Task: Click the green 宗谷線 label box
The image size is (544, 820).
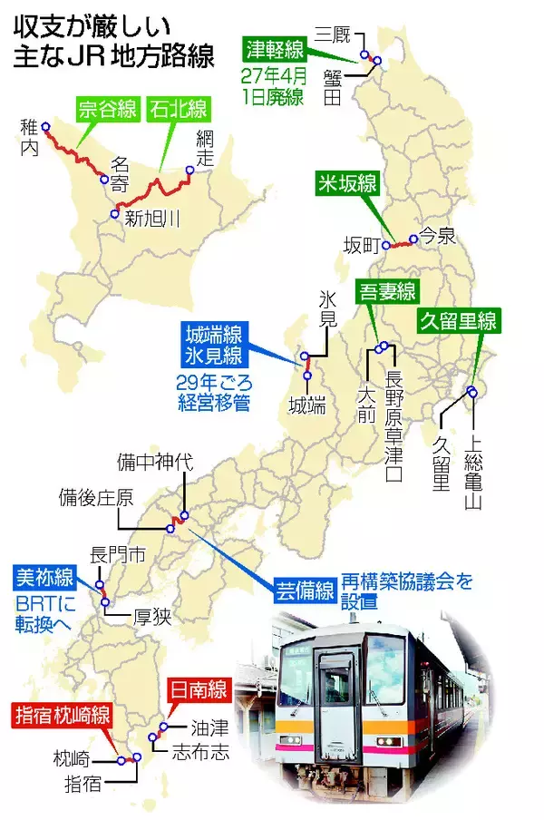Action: pos(107,112)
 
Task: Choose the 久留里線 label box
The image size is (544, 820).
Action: pos(458,320)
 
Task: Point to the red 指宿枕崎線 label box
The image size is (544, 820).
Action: pos(62,715)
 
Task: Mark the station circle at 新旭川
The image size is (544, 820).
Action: pos(114,214)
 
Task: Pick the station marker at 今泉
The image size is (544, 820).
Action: pos(413,239)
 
